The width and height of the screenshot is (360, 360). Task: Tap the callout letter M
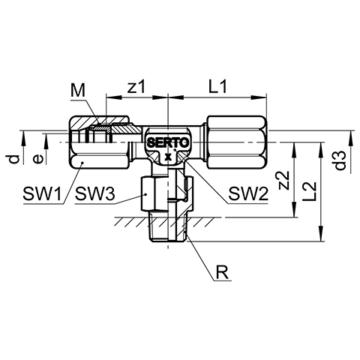click(78, 91)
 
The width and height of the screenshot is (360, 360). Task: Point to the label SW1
click(42, 193)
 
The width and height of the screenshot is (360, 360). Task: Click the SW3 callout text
click(95, 193)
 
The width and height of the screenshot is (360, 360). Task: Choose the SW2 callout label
click(248, 193)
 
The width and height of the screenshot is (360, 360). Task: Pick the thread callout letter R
click(222, 273)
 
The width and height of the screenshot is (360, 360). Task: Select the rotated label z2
click(283, 180)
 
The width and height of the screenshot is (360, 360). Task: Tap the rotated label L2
click(310, 191)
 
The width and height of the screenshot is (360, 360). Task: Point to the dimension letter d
click(15, 159)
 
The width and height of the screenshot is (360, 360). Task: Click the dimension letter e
click(38, 159)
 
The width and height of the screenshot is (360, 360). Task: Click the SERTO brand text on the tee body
click(168, 142)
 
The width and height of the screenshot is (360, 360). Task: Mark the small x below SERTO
click(168, 157)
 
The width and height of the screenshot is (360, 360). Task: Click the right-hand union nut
click(236, 142)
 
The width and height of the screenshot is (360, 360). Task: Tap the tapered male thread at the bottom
click(168, 226)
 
